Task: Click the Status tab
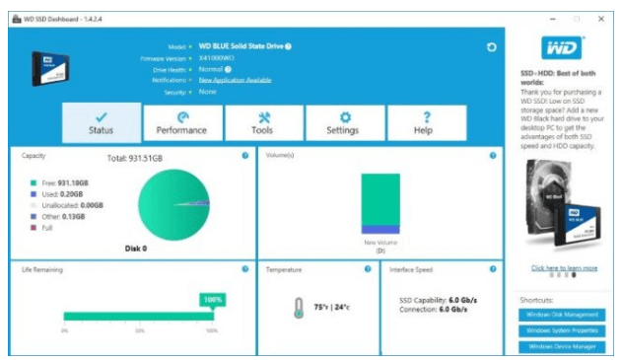(102, 122)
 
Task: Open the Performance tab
(181, 122)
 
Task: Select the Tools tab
(262, 122)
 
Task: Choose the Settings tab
(343, 122)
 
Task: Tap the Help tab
(423, 122)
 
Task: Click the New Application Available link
(235, 80)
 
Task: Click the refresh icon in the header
(491, 46)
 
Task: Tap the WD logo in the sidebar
(562, 47)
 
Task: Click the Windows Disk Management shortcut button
(562, 316)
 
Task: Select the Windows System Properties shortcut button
(562, 331)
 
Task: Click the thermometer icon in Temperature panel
(299, 308)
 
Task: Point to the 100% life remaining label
(212, 299)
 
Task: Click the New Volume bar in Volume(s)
(380, 203)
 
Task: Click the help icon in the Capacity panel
(244, 156)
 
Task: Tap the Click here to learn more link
(564, 268)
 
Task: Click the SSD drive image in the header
(49, 66)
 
